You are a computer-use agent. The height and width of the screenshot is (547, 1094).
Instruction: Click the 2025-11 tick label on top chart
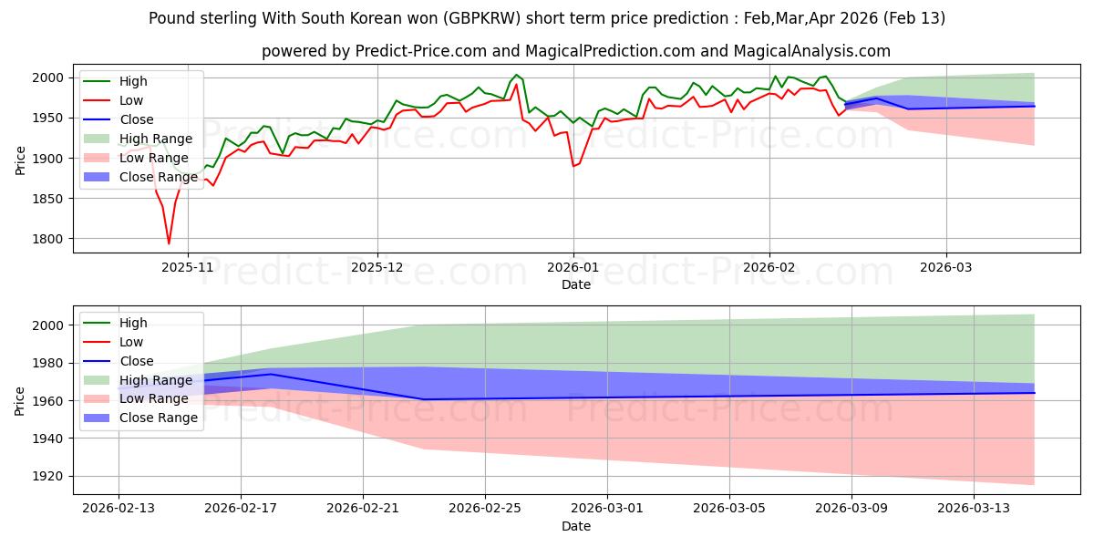pyautogui.click(x=188, y=267)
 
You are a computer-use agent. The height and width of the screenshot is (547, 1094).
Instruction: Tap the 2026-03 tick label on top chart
pyautogui.click(x=946, y=267)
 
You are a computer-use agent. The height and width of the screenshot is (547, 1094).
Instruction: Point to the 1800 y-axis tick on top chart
pyautogui.click(x=57, y=239)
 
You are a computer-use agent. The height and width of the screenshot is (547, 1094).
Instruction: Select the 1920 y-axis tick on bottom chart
pyautogui.click(x=57, y=476)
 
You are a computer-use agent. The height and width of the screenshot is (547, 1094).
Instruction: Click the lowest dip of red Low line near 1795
pyautogui.click(x=169, y=243)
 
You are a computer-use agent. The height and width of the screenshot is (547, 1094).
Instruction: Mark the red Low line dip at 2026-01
pyautogui.click(x=573, y=166)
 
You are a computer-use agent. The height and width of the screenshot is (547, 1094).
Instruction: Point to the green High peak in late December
pyautogui.click(x=516, y=75)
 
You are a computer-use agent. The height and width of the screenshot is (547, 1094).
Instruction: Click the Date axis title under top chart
pyautogui.click(x=575, y=284)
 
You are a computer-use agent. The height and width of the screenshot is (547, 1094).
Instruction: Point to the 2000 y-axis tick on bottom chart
pyautogui.click(x=57, y=325)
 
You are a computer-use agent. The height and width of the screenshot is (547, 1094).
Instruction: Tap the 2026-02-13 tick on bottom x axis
pyautogui.click(x=119, y=509)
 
